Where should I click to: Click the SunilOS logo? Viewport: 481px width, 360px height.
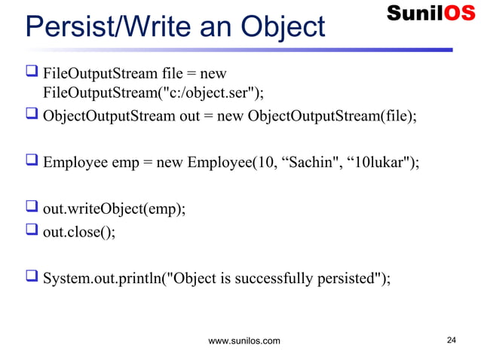coord(430,14)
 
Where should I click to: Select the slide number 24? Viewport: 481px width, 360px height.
coord(452,340)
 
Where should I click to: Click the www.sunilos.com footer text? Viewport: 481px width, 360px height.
coord(244,341)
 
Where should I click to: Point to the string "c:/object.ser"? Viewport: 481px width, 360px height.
coord(219,93)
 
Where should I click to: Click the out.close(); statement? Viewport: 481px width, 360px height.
coord(79,231)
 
